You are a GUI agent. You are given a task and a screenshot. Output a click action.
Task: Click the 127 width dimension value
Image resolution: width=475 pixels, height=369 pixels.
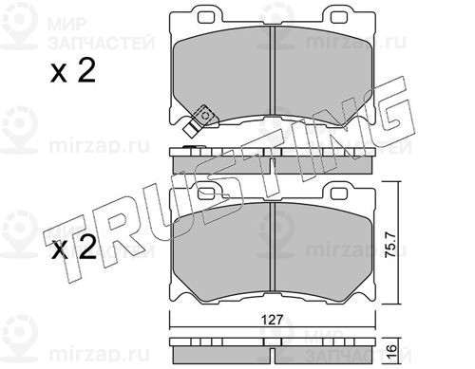coord(273,320)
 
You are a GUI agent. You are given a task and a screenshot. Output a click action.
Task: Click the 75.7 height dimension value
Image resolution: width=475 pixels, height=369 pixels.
coord(391,244)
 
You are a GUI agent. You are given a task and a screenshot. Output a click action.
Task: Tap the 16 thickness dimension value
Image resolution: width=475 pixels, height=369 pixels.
coord(392,349)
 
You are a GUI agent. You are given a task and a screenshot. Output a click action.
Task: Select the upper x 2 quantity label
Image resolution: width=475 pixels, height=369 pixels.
coord(73,71)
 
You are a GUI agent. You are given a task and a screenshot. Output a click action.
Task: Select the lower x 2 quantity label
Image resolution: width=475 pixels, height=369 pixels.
coord(74,248)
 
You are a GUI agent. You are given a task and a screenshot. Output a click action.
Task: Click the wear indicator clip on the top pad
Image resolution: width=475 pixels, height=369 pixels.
coord(199,121)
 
